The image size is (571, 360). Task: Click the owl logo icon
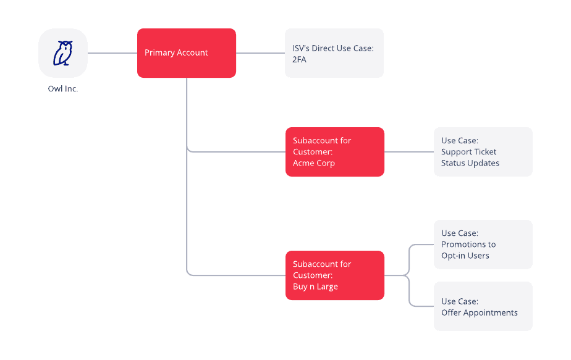[x=63, y=53]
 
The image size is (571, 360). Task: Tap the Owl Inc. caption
[x=63, y=89]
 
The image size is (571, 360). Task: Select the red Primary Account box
[x=186, y=53]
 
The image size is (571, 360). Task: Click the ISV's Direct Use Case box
[x=334, y=53]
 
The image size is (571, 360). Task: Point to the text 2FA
[x=300, y=59]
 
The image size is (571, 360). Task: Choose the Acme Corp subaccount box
[x=334, y=152]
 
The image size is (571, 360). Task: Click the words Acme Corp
[x=313, y=164]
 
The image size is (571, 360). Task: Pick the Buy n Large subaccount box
[x=334, y=275]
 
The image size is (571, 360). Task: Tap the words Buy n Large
[x=315, y=287]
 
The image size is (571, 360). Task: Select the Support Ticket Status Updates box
[x=483, y=152]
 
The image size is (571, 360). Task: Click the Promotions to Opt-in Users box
[x=483, y=245]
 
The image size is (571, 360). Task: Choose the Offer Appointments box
[x=483, y=306]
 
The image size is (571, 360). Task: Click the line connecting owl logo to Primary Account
[x=112, y=53]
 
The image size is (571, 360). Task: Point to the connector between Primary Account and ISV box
[x=260, y=53]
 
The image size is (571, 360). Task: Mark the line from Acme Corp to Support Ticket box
[x=408, y=152]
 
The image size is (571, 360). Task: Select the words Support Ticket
[x=468, y=152]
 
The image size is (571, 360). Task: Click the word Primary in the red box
[x=159, y=53]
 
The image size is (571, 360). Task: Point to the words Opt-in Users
[x=465, y=256]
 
